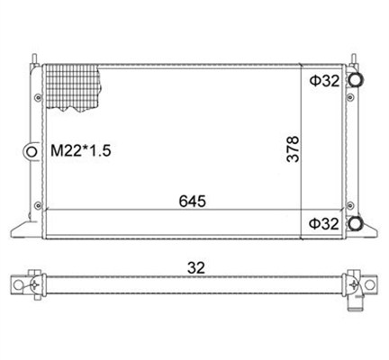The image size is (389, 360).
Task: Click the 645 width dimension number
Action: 193,202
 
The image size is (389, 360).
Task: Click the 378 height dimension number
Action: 293,149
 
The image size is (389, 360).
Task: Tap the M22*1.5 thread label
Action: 81,150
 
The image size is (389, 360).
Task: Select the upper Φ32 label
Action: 325,81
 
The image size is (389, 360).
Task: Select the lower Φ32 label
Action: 324,224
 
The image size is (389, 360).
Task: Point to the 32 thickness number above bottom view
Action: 196,267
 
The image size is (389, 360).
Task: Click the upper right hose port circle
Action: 357,79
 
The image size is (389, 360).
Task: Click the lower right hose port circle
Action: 356,223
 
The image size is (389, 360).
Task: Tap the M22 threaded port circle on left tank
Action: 31,152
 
